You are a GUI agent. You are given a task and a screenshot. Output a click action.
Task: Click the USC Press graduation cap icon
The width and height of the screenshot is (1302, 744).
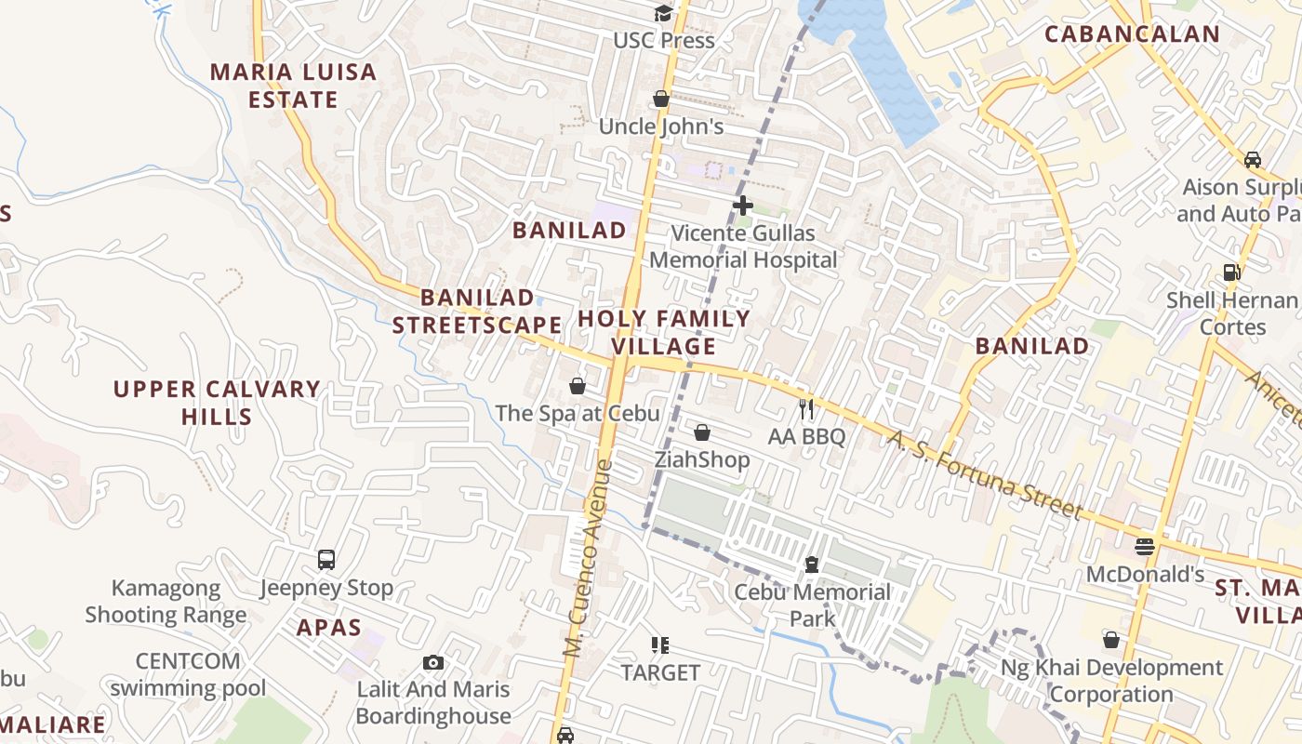pyautogui.click(x=662, y=13)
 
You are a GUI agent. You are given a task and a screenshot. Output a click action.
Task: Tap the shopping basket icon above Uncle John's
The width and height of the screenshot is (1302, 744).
pyautogui.click(x=661, y=99)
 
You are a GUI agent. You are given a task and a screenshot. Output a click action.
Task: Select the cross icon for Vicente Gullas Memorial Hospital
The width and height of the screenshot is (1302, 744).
pyautogui.click(x=743, y=206)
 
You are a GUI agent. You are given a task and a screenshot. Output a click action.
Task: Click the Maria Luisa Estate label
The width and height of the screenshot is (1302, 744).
pyautogui.click(x=293, y=86)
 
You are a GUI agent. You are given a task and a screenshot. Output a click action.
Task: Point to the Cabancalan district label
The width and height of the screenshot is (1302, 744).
pyautogui.click(x=1132, y=34)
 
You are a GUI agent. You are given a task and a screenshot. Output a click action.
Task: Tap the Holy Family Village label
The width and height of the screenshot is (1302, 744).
pyautogui.click(x=663, y=333)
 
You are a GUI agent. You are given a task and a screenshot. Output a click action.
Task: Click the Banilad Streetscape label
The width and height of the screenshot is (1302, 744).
pyautogui.click(x=476, y=312)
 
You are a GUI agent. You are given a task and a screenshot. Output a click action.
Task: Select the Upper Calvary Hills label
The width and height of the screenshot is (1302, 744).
pyautogui.click(x=217, y=402)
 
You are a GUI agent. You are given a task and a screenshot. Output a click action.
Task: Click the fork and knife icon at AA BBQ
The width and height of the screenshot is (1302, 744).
pyautogui.click(x=806, y=408)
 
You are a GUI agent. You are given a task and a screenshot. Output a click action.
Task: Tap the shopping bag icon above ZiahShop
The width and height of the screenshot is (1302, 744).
pyautogui.click(x=702, y=432)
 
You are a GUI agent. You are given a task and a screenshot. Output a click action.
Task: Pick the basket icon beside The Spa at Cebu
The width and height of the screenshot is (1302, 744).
pyautogui.click(x=578, y=386)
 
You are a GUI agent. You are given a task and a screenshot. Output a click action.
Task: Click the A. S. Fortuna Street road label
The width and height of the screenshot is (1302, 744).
pyautogui.click(x=985, y=474)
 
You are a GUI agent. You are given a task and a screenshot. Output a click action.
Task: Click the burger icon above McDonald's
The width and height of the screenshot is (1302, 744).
pyautogui.click(x=1145, y=547)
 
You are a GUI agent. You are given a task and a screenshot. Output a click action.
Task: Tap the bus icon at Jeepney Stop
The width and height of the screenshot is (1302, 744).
pyautogui.click(x=326, y=560)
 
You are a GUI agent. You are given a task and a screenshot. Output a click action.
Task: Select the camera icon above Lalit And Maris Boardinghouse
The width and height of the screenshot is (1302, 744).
pyautogui.click(x=432, y=662)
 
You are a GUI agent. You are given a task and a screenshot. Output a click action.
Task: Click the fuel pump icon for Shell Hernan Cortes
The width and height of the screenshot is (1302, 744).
pyautogui.click(x=1232, y=272)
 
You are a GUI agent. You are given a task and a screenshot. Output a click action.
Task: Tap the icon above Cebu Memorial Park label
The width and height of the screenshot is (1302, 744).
pyautogui.click(x=812, y=565)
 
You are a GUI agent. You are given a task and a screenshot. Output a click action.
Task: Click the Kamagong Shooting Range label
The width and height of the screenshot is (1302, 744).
pyautogui.click(x=166, y=601)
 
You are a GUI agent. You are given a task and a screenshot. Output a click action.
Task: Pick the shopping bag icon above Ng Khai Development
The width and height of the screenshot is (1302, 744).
pyautogui.click(x=1111, y=640)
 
